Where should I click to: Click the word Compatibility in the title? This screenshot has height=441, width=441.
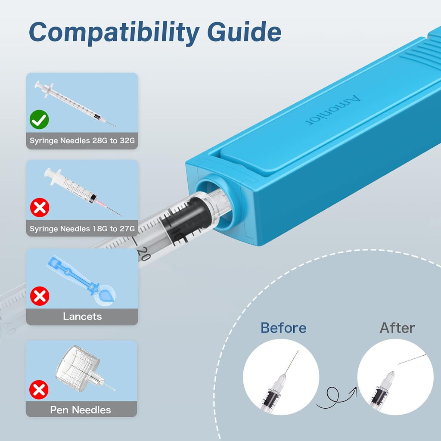[x=114, y=33]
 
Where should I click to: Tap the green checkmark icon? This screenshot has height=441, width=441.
[x=39, y=120]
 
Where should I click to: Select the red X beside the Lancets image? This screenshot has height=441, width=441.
[x=40, y=296]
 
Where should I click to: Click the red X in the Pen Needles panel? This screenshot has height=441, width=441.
[x=39, y=389]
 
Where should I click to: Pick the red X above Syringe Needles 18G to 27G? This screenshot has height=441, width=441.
[x=40, y=207]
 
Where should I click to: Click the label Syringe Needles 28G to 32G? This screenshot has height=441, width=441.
[x=82, y=141]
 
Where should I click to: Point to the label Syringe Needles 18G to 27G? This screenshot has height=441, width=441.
[x=82, y=229]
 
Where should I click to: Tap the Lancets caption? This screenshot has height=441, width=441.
[x=82, y=317]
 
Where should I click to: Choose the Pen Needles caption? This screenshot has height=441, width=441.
[x=81, y=410]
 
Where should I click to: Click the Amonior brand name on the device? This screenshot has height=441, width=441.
[x=333, y=110]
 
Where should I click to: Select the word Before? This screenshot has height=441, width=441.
[x=283, y=328]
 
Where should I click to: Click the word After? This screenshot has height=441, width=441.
[x=397, y=328]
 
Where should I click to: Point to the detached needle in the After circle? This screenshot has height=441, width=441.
[x=412, y=359]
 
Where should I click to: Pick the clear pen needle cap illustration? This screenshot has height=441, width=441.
[x=81, y=369]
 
